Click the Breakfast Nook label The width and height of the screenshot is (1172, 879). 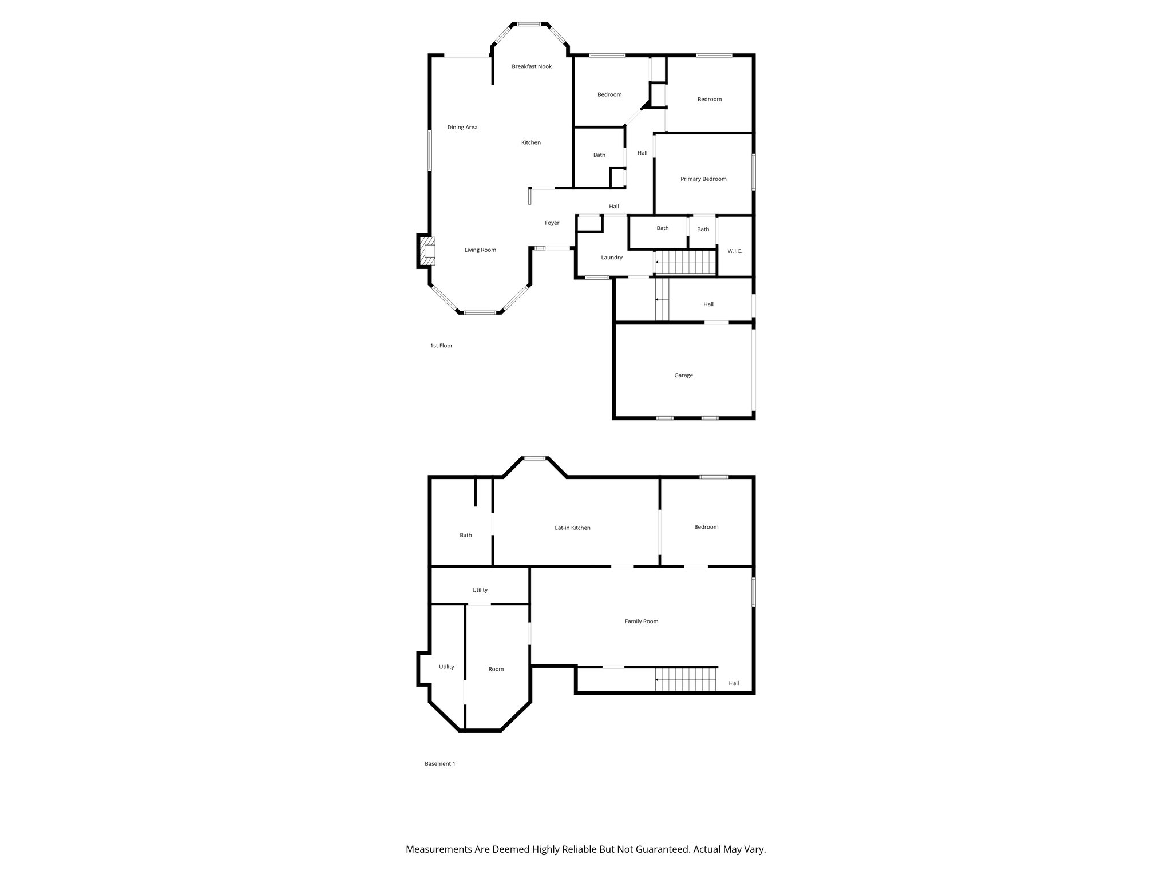point(532,66)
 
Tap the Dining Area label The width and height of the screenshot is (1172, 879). point(462,128)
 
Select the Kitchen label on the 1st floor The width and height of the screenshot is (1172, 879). point(530,142)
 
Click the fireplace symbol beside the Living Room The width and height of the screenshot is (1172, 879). point(427,250)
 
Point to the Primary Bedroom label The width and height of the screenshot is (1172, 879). point(703,179)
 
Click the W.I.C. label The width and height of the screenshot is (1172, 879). point(734,251)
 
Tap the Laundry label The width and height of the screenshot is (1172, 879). point(611,258)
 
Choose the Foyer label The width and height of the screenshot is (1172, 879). point(552,223)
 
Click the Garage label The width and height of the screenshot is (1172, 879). point(683,375)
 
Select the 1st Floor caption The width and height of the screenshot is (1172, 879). point(441,346)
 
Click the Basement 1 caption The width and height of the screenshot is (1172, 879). point(439,763)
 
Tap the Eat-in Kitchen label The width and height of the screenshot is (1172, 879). point(572,528)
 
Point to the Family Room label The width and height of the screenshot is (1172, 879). point(642,621)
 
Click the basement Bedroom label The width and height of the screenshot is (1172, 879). point(706,527)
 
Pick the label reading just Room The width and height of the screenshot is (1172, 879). point(496,669)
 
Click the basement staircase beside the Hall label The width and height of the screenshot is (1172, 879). point(686,680)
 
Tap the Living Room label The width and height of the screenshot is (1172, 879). point(480,250)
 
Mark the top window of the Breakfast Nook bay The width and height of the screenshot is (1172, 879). point(529,24)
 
